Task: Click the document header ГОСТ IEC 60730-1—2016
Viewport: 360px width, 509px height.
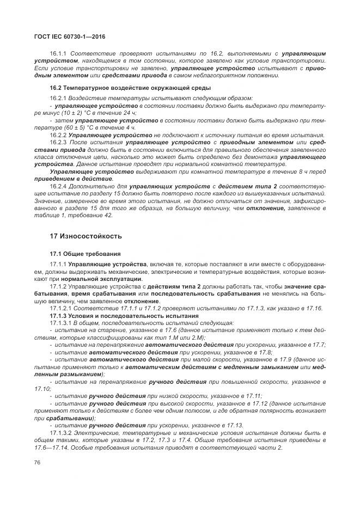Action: [70, 37]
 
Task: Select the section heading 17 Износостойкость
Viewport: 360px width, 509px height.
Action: [86, 236]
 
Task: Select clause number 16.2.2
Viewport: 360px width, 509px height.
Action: [58, 135]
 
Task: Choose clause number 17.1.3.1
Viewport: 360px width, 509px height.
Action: [61, 323]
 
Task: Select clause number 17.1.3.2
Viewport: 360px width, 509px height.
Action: [61, 433]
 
